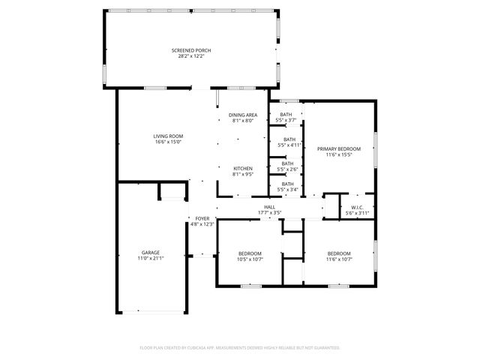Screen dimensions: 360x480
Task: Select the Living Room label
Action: coord(169,136)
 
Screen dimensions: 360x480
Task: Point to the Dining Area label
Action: coord(242,115)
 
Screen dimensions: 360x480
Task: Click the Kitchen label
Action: coord(242,168)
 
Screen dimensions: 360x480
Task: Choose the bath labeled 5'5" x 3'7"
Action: coord(286,116)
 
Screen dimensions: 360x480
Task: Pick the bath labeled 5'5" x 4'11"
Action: coord(289,142)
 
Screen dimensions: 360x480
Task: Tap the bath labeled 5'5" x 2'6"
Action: coord(287,166)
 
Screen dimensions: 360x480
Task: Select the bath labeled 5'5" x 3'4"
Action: coord(287,187)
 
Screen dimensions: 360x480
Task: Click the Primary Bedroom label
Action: coord(338,148)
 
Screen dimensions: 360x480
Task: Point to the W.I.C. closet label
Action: coord(357,207)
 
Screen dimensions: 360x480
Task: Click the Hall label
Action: coord(269,207)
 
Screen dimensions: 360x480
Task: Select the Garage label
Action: coord(151,252)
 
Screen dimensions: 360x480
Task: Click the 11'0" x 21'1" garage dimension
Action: coord(151,258)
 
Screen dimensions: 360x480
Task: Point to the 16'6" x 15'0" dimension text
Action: coord(169,142)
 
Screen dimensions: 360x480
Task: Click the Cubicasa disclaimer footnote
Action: coord(240,347)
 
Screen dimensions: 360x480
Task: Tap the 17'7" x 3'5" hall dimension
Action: coord(269,213)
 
